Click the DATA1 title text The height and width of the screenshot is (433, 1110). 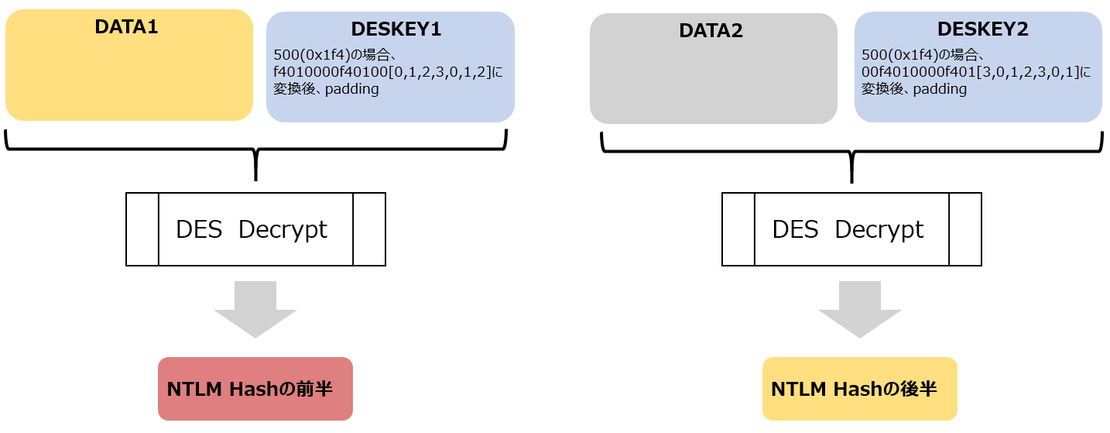[126, 27]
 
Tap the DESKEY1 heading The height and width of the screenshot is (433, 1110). [396, 29]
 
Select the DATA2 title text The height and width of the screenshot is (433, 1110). [711, 31]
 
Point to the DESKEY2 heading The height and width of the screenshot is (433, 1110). [982, 29]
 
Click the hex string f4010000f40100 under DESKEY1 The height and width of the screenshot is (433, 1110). [331, 72]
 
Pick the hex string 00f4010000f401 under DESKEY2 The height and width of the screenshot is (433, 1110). [918, 72]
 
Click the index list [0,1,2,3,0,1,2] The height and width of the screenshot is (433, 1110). [440, 72]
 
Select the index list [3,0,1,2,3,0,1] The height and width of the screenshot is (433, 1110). [1027, 72]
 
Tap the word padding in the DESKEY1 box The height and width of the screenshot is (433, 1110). [352, 89]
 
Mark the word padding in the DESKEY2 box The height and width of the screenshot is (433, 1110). [940, 89]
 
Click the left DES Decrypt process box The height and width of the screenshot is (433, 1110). [255, 229]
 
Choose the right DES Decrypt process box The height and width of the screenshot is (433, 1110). [851, 229]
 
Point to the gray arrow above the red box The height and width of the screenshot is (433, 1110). [255, 310]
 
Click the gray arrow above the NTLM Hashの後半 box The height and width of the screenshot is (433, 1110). [860, 310]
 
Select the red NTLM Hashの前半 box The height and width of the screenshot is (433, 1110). [255, 389]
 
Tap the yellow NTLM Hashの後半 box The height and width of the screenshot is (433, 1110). [860, 389]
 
